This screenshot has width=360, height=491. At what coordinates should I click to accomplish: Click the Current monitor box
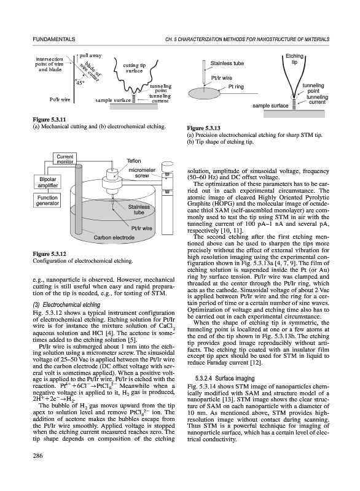pyautogui.click(x=65, y=159)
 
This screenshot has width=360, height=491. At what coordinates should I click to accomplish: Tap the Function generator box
pyautogui.click(x=48, y=201)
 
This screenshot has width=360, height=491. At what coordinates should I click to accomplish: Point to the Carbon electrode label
pyautogui.click(x=114, y=238)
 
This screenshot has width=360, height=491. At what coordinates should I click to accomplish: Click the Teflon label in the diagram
pyautogui.click(x=134, y=161)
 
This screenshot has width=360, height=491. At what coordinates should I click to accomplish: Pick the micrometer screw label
pyautogui.click(x=142, y=173)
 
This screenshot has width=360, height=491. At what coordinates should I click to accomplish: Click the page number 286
pyautogui.click(x=37, y=455)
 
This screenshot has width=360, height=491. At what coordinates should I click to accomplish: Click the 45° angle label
pyautogui.click(x=80, y=83)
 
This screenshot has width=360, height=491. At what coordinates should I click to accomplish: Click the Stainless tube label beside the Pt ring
pyautogui.click(x=227, y=63)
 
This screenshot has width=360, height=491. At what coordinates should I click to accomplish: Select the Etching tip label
pyautogui.click(x=294, y=59)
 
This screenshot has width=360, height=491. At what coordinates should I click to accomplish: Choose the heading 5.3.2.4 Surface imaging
pyautogui.click(x=225, y=378)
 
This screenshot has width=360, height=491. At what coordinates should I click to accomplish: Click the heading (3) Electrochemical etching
pyautogui.click(x=66, y=304)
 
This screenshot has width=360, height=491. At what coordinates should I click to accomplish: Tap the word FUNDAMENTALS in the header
pyautogui.click(x=54, y=39)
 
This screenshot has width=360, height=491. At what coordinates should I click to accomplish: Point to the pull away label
pyautogui.click(x=90, y=55)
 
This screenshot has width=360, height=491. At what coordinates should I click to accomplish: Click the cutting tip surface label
pyautogui.click(x=134, y=68)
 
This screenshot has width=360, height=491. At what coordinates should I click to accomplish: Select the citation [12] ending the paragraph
pyautogui.click(x=257, y=363)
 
